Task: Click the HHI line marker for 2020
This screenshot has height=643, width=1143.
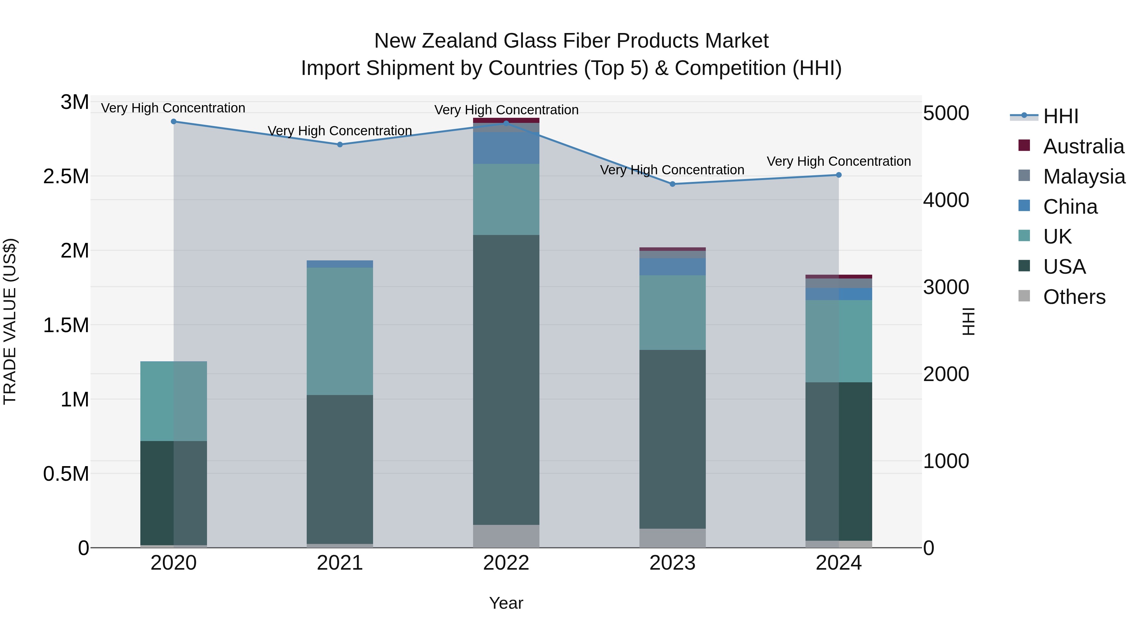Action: point(173,122)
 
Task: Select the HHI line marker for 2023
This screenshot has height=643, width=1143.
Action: point(672,184)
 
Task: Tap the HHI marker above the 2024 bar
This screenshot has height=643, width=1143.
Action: point(839,175)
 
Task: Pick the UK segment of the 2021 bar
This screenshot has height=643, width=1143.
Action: point(340,331)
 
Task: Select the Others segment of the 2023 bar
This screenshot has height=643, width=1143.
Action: point(672,538)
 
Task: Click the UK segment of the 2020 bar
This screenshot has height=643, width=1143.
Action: point(173,401)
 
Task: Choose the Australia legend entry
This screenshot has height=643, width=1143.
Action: point(1083,146)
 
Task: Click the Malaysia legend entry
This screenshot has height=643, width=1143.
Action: point(1084,177)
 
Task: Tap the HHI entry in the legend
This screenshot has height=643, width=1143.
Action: point(1060,116)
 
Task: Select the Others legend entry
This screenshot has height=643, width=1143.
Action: point(1074,297)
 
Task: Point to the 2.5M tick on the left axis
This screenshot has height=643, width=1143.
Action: point(66,177)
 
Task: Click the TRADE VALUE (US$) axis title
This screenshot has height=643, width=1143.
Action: point(10,321)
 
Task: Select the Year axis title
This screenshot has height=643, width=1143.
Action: point(506,603)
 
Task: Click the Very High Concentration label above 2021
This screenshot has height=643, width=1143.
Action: point(340,131)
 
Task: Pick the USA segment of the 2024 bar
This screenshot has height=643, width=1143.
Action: point(839,461)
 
